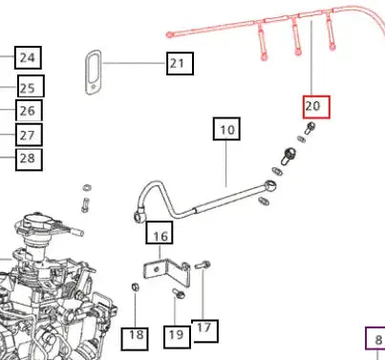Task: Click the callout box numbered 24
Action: [28, 57]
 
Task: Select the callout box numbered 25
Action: [31, 86]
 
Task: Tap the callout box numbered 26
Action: [29, 111]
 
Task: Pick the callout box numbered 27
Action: [29, 135]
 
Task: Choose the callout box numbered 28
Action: [29, 159]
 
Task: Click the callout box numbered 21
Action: [180, 64]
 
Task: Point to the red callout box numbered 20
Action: [316, 107]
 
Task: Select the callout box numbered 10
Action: [226, 129]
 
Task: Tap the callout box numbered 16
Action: [160, 233]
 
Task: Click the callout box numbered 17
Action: [204, 331]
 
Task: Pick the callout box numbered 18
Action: [135, 339]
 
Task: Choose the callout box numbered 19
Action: [178, 337]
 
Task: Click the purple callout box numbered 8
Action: [375, 338]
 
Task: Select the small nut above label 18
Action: [135, 286]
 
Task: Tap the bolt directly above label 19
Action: [179, 293]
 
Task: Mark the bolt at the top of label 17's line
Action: [203, 265]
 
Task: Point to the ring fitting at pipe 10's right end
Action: [270, 185]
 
